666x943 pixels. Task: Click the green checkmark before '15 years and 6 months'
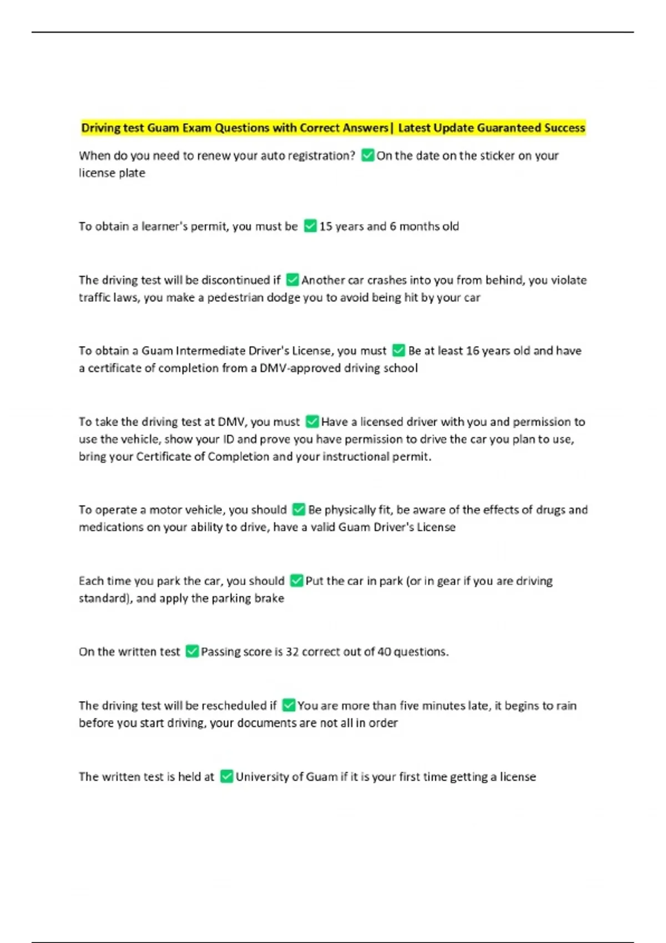click(x=310, y=226)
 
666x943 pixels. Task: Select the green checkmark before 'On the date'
click(x=367, y=155)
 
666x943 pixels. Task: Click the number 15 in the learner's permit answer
click(x=326, y=226)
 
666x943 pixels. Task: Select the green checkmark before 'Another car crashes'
click(x=292, y=280)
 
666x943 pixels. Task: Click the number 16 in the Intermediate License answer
click(x=472, y=351)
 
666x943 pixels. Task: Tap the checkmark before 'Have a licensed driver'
click(x=312, y=422)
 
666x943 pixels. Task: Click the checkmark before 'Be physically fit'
click(x=299, y=510)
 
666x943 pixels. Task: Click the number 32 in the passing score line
click(x=292, y=652)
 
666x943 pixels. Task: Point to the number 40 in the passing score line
click(x=384, y=652)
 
